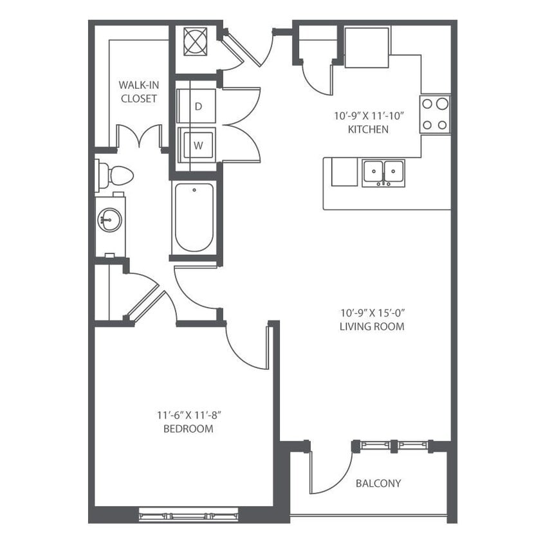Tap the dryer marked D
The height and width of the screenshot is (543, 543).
(198, 106)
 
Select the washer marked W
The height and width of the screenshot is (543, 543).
(198, 145)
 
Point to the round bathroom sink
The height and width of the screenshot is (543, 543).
(109, 221)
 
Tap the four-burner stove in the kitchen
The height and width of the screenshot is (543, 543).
(435, 114)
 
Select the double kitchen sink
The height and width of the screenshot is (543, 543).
(383, 173)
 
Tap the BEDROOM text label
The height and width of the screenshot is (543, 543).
(188, 428)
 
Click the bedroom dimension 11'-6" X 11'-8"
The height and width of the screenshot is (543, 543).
(188, 416)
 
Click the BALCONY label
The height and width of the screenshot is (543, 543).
(378, 483)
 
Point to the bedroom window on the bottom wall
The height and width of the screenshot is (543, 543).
(189, 515)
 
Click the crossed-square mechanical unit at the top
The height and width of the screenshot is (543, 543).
(195, 41)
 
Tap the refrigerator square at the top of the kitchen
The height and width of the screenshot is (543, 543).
(367, 47)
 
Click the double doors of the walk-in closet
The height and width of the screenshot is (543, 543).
(138, 136)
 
